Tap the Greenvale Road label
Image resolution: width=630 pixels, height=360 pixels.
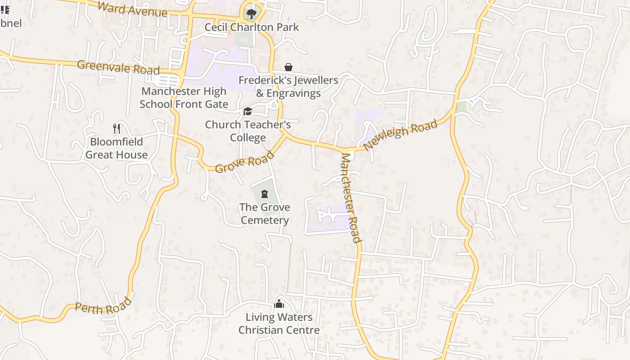(x=118, y=67)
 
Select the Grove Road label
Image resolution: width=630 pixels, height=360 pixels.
(x=244, y=162)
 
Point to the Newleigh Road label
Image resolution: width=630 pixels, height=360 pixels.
(x=400, y=135)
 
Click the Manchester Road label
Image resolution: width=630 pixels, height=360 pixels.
(x=351, y=198)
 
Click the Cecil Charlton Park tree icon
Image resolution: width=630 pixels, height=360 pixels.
(x=251, y=13)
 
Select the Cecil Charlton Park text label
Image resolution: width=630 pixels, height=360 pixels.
(x=252, y=27)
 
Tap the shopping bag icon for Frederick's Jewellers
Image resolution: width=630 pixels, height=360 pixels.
(x=288, y=67)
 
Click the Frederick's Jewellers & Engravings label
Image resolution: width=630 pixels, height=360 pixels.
(x=288, y=87)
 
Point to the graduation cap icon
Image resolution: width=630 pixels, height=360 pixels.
(x=247, y=112)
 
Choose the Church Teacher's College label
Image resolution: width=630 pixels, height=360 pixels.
(x=248, y=131)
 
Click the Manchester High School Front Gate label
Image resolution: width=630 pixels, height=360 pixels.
(x=184, y=98)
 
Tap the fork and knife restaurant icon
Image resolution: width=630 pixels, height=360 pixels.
(x=117, y=129)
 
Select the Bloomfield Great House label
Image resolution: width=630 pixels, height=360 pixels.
(x=117, y=148)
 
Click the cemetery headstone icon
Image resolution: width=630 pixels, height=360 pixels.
(x=265, y=194)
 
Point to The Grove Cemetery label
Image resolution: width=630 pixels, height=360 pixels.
(x=265, y=214)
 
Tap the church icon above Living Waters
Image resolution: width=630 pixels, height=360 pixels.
(x=279, y=304)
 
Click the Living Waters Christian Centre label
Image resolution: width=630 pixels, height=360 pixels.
(x=279, y=324)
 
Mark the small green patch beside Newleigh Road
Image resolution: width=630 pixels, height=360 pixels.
(x=461, y=107)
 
